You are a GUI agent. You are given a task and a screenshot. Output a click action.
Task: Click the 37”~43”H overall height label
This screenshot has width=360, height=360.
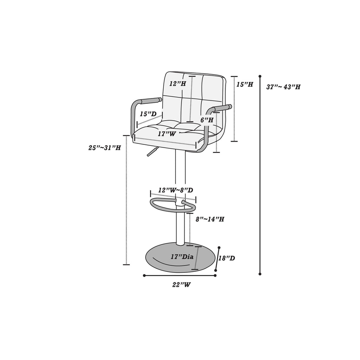coord(283,87)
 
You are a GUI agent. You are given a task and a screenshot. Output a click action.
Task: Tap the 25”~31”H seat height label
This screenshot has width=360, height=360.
coord(105,148)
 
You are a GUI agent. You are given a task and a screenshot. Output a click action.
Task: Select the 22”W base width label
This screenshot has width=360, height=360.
coord(182,285)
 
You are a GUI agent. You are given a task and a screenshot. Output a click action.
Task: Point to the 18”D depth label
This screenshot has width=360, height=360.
coord(227,258)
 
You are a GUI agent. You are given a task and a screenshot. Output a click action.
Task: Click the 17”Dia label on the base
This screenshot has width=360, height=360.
coord(182,257)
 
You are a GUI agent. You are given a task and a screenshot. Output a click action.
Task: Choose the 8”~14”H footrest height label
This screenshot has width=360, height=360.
coord(210,219)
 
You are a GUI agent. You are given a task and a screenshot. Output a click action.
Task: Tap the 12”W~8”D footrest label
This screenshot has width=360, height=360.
coord(176,190)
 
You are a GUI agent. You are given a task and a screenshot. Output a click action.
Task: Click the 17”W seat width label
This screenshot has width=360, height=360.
coord(167,134)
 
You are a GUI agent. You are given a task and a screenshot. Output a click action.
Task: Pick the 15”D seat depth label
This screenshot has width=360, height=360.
coord(148,114)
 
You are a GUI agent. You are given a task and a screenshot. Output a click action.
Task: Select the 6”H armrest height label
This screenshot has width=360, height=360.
coord(207,120)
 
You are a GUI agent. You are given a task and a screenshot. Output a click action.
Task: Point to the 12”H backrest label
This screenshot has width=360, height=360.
coord(178,84)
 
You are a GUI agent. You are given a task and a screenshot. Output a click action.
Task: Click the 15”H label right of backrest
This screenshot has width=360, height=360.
coord(245,84)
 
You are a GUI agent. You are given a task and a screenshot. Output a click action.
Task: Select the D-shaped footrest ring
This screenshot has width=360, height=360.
coord(173,205)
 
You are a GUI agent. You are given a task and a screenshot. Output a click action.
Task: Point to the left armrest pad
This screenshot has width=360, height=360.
coord(152,100)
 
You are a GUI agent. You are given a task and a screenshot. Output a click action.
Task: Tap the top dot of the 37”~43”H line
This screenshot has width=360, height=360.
coord(260,76)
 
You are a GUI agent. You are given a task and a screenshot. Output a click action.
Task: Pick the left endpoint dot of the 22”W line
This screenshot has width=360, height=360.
coord(144,276)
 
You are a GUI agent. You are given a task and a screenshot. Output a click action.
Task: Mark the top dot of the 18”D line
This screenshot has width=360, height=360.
coord(219,248)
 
